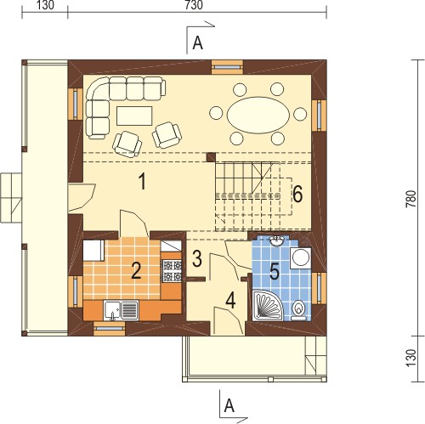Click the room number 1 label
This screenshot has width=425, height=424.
coord(142,182)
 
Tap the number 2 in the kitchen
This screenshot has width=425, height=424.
coord(136,271)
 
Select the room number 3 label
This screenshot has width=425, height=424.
coord(197,258)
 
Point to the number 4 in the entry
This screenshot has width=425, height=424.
coord(230,301)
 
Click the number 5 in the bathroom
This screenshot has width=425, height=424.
coord(275,271)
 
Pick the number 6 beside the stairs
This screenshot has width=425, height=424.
coord(297,195)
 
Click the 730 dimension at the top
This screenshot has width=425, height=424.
coord(194,5)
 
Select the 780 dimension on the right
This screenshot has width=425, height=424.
coord(411,199)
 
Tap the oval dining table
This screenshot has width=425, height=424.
coord(258,115)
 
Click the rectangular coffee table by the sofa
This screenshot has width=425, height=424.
coord(134,116)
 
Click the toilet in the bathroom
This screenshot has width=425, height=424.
coord(298,310)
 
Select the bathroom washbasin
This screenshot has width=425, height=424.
coord(277,241)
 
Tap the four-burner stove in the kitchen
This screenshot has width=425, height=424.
coord(171,271)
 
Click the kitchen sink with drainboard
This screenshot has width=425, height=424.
coord(122,310)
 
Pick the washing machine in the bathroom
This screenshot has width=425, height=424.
coord(301,257)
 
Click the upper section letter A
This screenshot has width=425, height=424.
coord(197,43)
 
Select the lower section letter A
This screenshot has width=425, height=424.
coord(229,406)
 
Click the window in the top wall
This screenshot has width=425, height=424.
coord(228,67)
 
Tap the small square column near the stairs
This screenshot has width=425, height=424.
coord(211,157)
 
